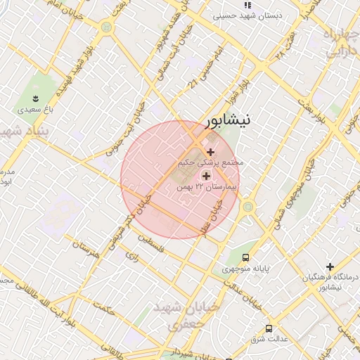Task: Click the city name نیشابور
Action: (x=226, y=121)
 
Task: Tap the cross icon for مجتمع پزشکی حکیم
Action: (x=210, y=152)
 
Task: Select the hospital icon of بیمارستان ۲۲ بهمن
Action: (x=206, y=175)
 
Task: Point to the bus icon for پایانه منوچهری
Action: (x=245, y=257)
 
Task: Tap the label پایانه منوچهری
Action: (x=245, y=269)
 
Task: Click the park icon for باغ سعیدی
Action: (x=35, y=97)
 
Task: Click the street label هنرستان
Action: (x=84, y=247)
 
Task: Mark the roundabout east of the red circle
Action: (x=247, y=207)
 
